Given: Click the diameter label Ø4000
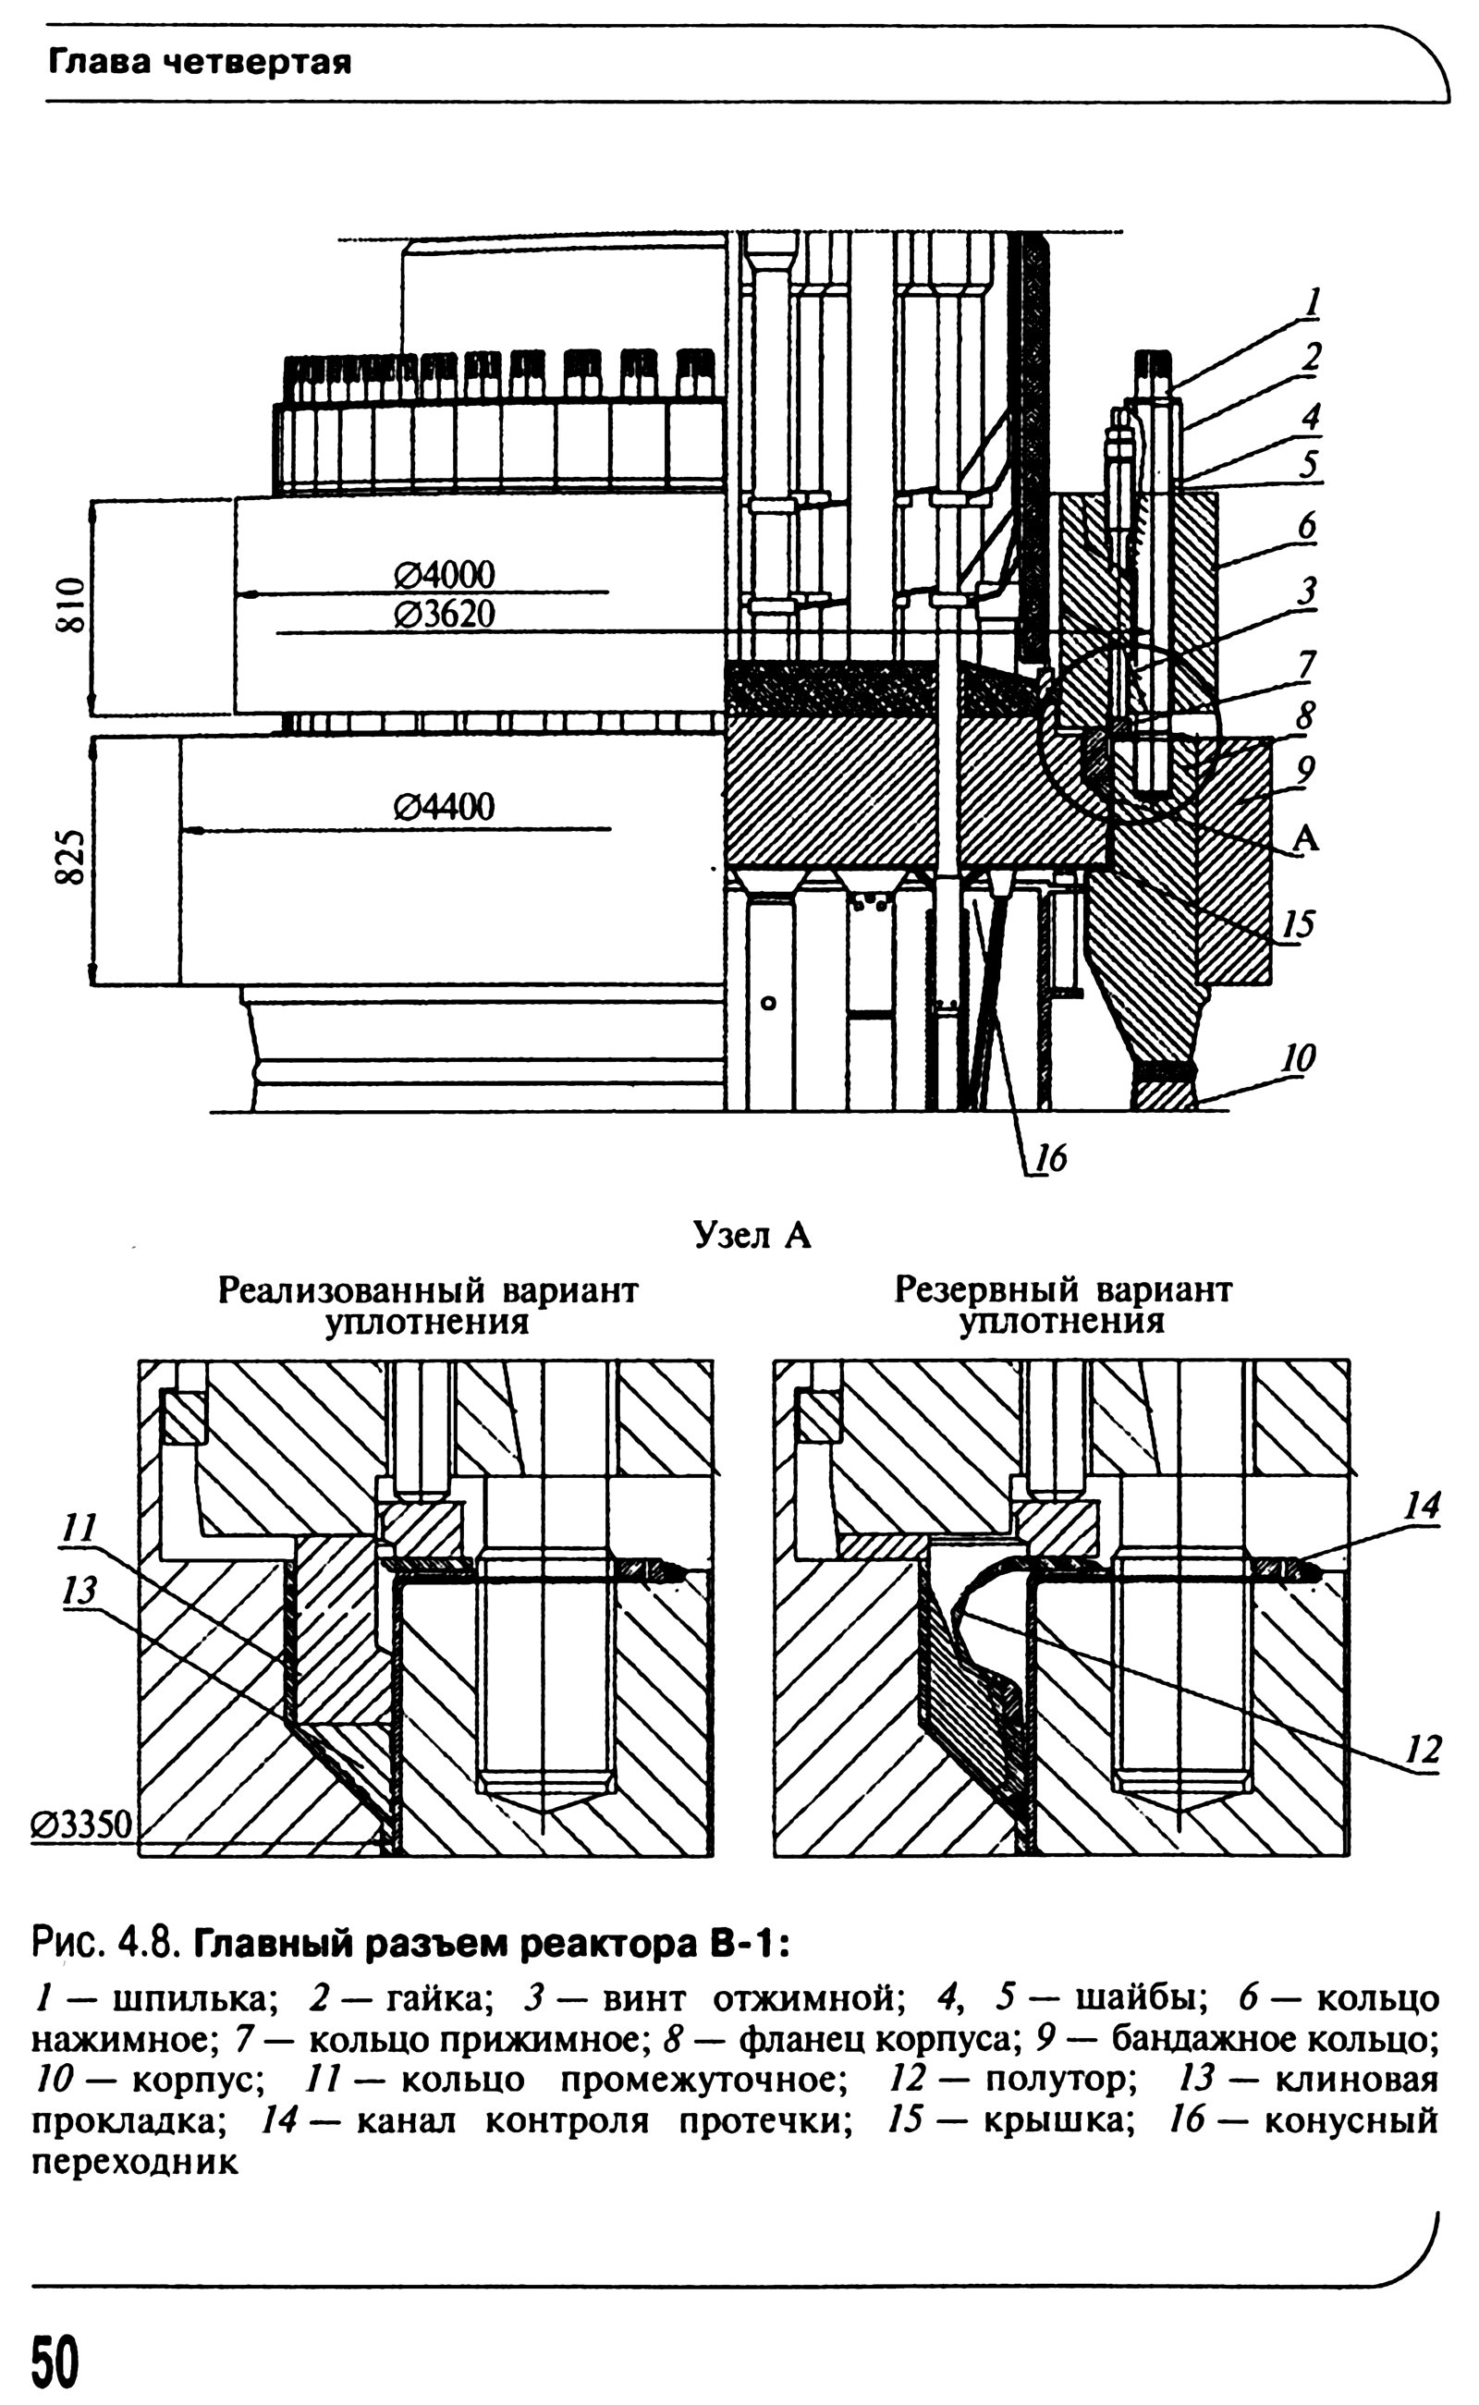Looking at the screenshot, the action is (x=444, y=573).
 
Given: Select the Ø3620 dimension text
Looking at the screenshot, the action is (x=444, y=615).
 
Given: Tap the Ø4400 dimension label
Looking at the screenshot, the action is (x=444, y=807).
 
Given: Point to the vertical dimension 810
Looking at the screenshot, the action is (x=70, y=606).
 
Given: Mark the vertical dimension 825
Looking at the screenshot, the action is (x=70, y=858).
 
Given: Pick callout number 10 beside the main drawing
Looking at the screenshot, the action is (x=1299, y=1057).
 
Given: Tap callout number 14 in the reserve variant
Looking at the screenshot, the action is (x=1423, y=1507).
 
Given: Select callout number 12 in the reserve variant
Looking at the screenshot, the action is (x=1424, y=1750).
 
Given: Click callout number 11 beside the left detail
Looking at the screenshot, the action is (x=79, y=1528).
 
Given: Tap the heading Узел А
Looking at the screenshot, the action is (x=752, y=1238).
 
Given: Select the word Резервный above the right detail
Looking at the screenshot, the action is (x=987, y=1292).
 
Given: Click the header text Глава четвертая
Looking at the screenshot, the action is (x=200, y=64).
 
